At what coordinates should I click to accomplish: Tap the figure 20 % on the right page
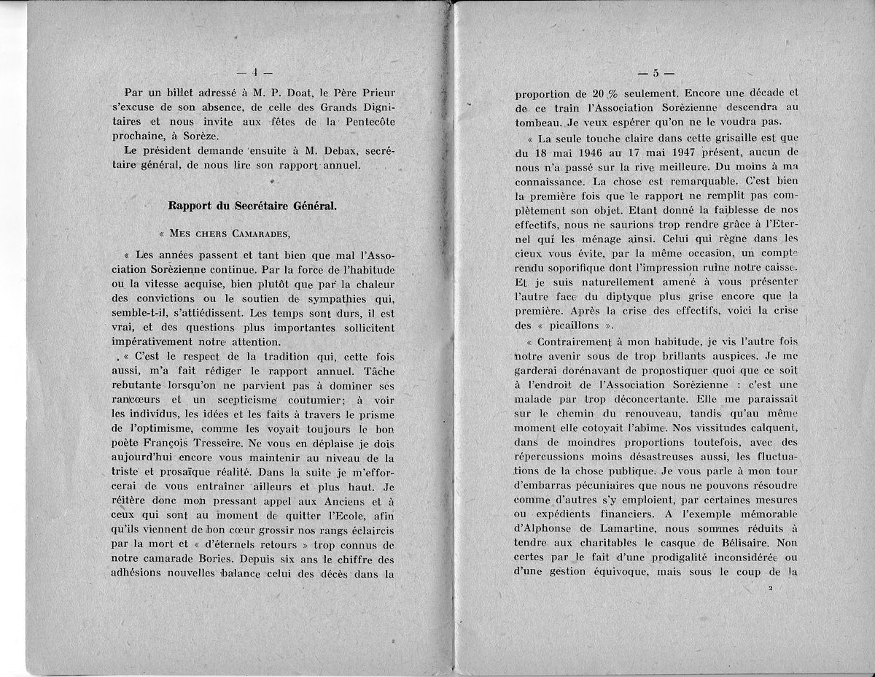583,93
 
